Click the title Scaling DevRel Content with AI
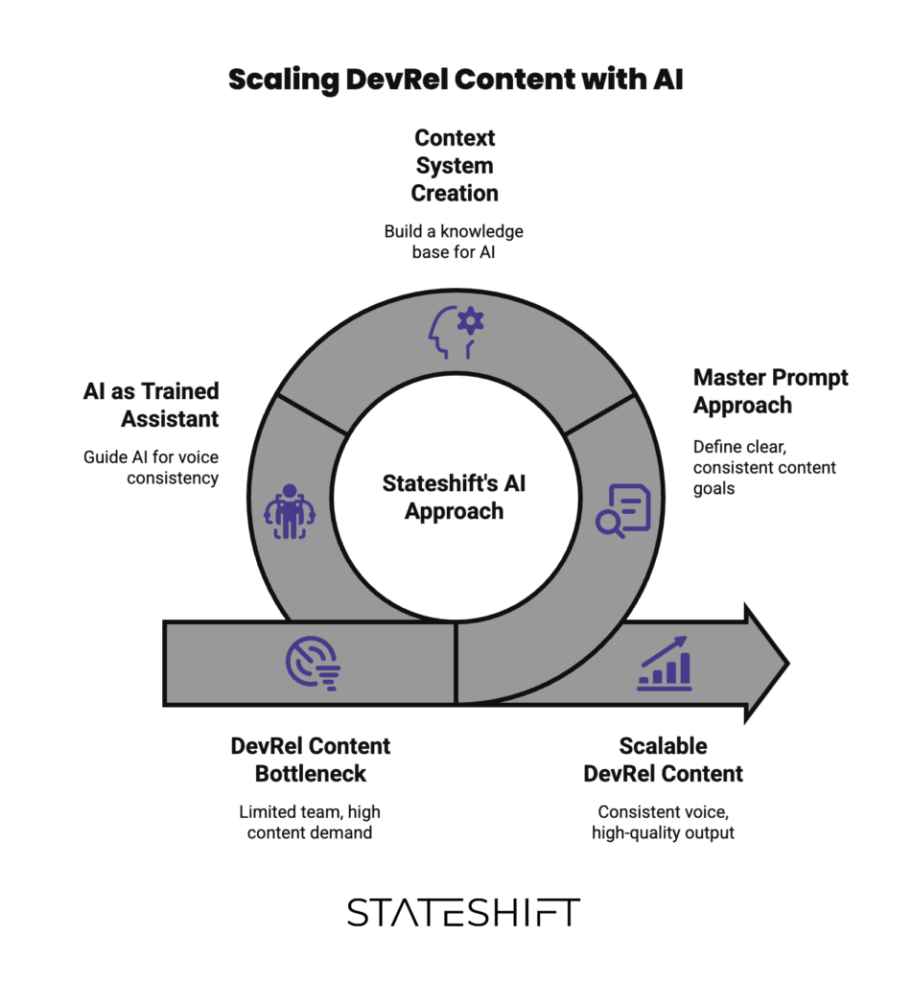456,80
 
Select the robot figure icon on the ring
289,510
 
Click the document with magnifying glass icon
623,509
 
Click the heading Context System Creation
455,166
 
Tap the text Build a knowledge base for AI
455,242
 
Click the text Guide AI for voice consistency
152,467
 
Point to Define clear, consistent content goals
764,467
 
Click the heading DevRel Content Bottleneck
311,760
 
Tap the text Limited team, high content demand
310,822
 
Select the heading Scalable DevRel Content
664,760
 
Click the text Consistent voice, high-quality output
664,822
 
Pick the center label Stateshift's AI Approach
455,498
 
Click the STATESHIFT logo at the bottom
463,912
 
